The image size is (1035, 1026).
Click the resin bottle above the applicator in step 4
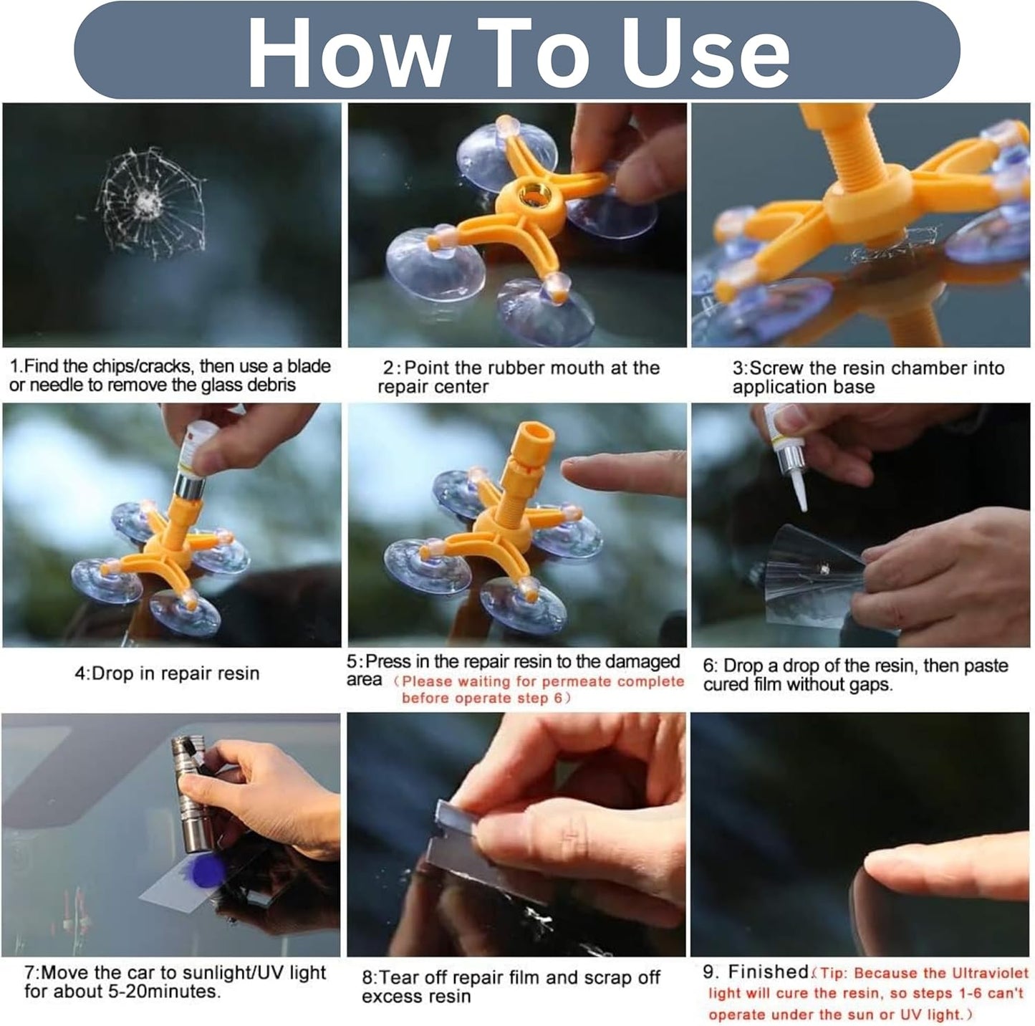pyautogui.click(x=195, y=452)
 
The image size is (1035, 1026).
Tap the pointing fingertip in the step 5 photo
pyautogui.click(x=573, y=472)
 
